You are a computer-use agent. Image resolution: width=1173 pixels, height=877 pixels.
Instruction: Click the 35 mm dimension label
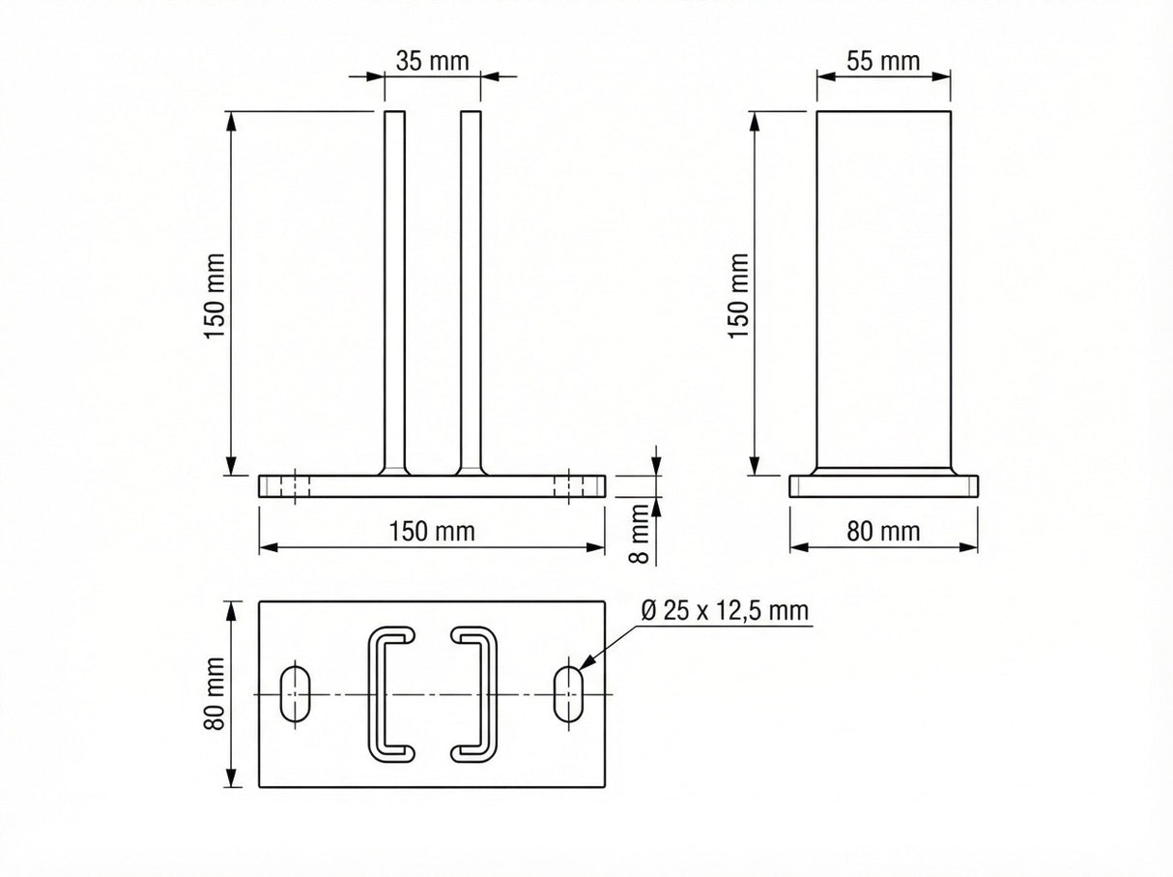tap(432, 61)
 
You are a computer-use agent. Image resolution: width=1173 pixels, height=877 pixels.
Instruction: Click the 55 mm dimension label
tap(882, 61)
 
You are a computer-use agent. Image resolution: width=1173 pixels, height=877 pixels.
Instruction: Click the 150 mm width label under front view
tap(432, 531)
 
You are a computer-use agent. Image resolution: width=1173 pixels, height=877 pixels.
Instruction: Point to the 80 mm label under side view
tap(882, 531)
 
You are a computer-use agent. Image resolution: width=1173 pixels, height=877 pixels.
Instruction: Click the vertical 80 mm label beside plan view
tap(215, 693)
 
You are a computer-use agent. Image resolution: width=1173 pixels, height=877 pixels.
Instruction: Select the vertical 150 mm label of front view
tap(215, 295)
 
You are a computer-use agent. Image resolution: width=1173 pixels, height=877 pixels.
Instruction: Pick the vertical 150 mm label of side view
tap(739, 295)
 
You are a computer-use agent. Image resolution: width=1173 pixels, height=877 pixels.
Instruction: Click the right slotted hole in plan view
tap(569, 692)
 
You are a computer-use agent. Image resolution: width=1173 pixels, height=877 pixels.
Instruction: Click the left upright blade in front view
tap(395, 290)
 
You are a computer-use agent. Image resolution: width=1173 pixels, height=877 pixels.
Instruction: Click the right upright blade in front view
tap(471, 290)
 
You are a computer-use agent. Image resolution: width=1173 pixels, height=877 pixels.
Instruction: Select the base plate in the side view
tap(884, 486)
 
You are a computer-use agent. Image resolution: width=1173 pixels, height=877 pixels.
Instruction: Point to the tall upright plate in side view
tap(884, 290)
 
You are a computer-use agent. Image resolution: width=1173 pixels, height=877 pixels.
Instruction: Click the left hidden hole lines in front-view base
tap(297, 485)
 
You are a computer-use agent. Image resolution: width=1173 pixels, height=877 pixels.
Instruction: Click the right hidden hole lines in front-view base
tap(569, 485)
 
